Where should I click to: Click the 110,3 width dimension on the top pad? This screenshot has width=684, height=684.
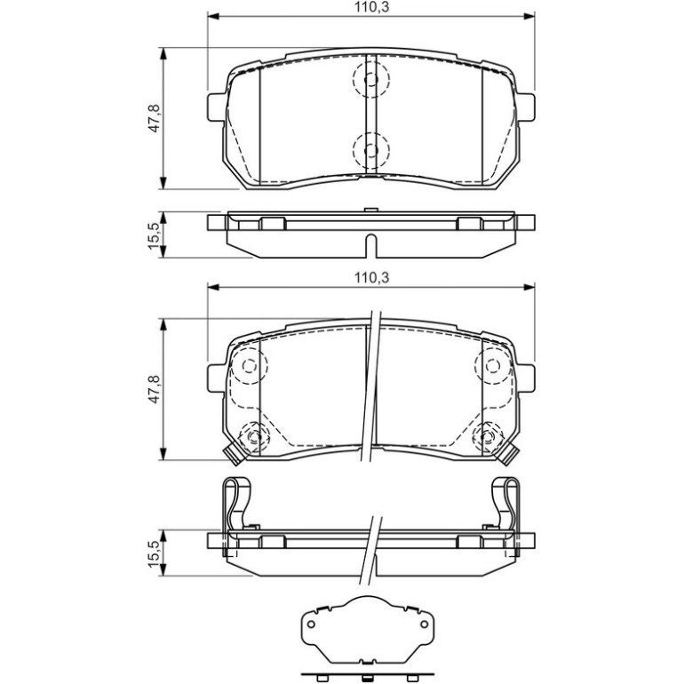(x=371, y=7)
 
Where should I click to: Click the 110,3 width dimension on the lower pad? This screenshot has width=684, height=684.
(x=371, y=277)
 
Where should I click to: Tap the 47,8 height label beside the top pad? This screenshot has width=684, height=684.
(x=155, y=118)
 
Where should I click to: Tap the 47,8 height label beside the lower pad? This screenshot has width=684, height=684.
(x=155, y=389)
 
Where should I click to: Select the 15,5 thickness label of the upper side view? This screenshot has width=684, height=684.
(x=155, y=235)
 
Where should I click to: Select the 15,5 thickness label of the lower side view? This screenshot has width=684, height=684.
(x=155, y=553)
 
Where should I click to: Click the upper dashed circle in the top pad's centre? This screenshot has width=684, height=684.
(x=370, y=79)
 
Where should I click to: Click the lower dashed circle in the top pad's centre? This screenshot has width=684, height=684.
(x=370, y=150)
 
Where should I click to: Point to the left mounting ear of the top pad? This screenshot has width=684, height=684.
(x=217, y=107)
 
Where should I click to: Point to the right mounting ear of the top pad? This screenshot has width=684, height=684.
(x=525, y=107)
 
